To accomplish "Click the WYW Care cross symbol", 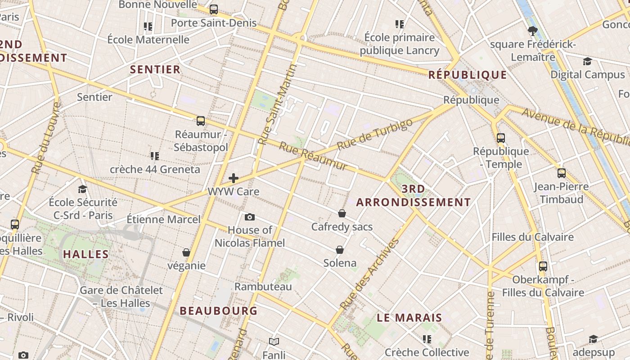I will click(234, 178).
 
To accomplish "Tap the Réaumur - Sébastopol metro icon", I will click(201, 121).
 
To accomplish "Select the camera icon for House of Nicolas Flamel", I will click(250, 217).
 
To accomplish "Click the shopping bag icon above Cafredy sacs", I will click(342, 213).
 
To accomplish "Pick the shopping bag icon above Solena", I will click(340, 250).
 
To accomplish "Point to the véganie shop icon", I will click(186, 252).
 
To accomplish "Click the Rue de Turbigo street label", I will click(374, 135).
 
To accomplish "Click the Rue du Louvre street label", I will click(46, 138).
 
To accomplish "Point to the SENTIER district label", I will click(155, 69).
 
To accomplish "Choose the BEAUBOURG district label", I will click(219, 310).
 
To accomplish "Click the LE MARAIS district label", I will click(409, 318).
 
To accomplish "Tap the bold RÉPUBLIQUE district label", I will click(468, 75).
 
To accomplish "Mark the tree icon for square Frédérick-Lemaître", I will click(533, 31).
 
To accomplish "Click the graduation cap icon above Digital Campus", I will click(587, 61).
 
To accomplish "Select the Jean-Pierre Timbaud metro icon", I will click(562, 173).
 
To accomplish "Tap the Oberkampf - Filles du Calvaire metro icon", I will click(543, 266).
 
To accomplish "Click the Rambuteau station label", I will click(263, 287).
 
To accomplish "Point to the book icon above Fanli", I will click(274, 342).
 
